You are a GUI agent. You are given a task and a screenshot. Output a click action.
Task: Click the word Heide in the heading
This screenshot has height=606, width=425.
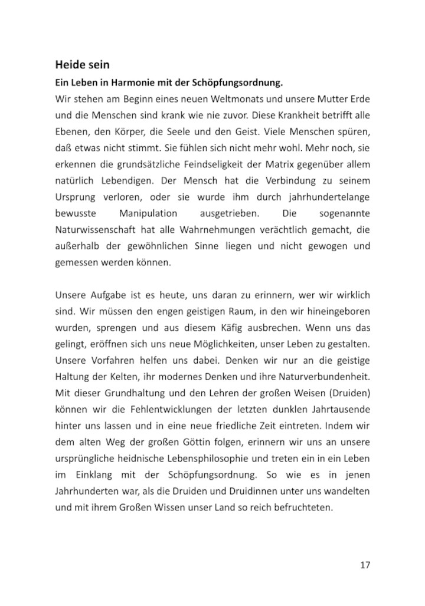[x=70, y=64]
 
